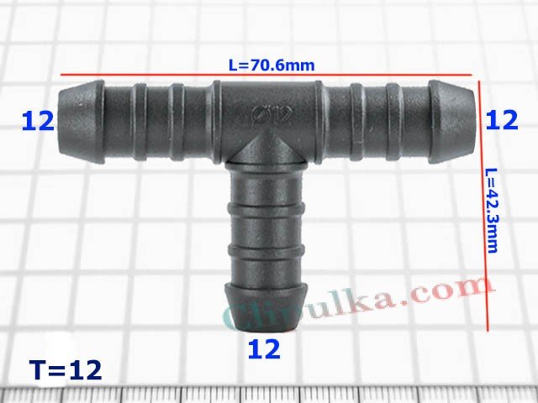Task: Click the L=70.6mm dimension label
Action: [x=266, y=63]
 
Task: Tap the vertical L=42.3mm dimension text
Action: [x=493, y=210]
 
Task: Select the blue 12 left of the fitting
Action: [x=38, y=121]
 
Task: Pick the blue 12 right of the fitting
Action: [x=501, y=121]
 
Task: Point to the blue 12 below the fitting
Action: [x=264, y=348]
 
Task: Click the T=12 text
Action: [x=65, y=369]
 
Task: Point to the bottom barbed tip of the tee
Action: [x=265, y=315]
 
